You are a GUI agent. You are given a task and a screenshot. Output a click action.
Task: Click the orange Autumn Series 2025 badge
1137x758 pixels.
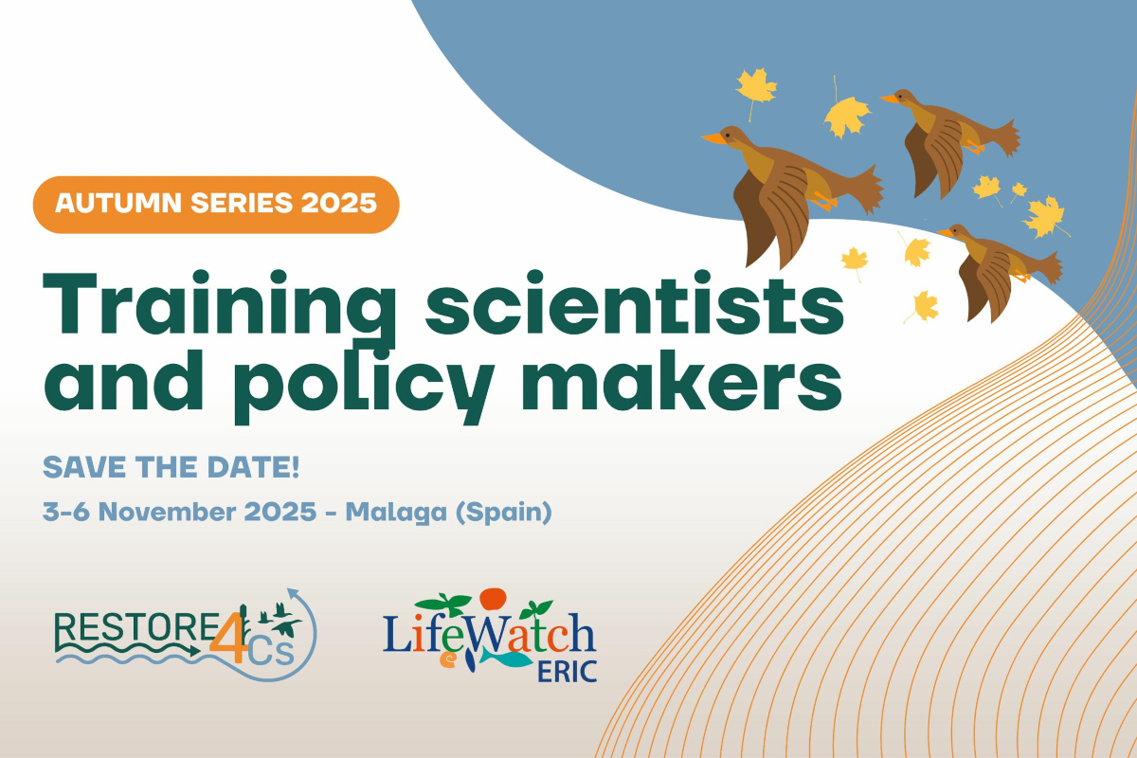coord(216,205)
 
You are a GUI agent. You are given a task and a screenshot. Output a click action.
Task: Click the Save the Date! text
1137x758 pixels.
coord(171,467)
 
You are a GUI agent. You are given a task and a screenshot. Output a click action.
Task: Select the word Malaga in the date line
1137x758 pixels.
coord(396,513)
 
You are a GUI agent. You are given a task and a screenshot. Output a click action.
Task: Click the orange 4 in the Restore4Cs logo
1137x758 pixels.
coord(229,637)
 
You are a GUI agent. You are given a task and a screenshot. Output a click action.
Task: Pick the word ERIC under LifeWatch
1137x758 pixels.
coord(567,672)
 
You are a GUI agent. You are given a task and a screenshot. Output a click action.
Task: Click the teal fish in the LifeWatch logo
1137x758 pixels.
coord(506,658)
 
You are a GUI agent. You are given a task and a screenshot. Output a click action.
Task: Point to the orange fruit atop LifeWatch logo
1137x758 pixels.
coord(493,599)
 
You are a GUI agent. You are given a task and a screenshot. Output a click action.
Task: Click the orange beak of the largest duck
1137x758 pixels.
coord(713,138)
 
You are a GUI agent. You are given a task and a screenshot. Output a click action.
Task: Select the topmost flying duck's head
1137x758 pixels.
coord(902,97)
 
